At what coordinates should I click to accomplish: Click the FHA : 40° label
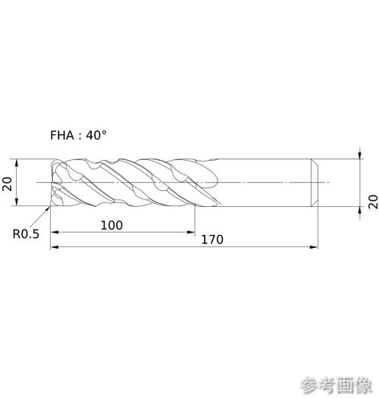[78, 135]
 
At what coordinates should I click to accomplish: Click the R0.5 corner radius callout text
[26, 234]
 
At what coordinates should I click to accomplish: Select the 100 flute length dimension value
[111, 225]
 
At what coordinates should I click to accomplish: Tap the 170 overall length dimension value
[212, 240]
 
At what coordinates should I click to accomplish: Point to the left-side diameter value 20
[8, 183]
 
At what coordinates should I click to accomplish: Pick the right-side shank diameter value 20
[373, 202]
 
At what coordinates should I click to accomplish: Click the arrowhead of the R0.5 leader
[48, 208]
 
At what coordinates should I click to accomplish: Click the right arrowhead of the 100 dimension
[191, 232]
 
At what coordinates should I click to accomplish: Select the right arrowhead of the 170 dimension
[314, 247]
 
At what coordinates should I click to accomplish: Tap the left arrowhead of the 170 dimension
[55, 247]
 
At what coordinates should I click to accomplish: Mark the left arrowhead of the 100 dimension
[55, 232]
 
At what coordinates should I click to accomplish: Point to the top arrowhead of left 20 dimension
[17, 163]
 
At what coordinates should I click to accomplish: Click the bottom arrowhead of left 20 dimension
[17, 202]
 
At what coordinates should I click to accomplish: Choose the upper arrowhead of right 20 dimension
[360, 155]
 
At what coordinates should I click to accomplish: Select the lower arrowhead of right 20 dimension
[360, 211]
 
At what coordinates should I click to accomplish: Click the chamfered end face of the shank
[315, 183]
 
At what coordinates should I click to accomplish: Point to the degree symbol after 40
[104, 132]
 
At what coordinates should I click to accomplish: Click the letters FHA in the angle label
[62, 135]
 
